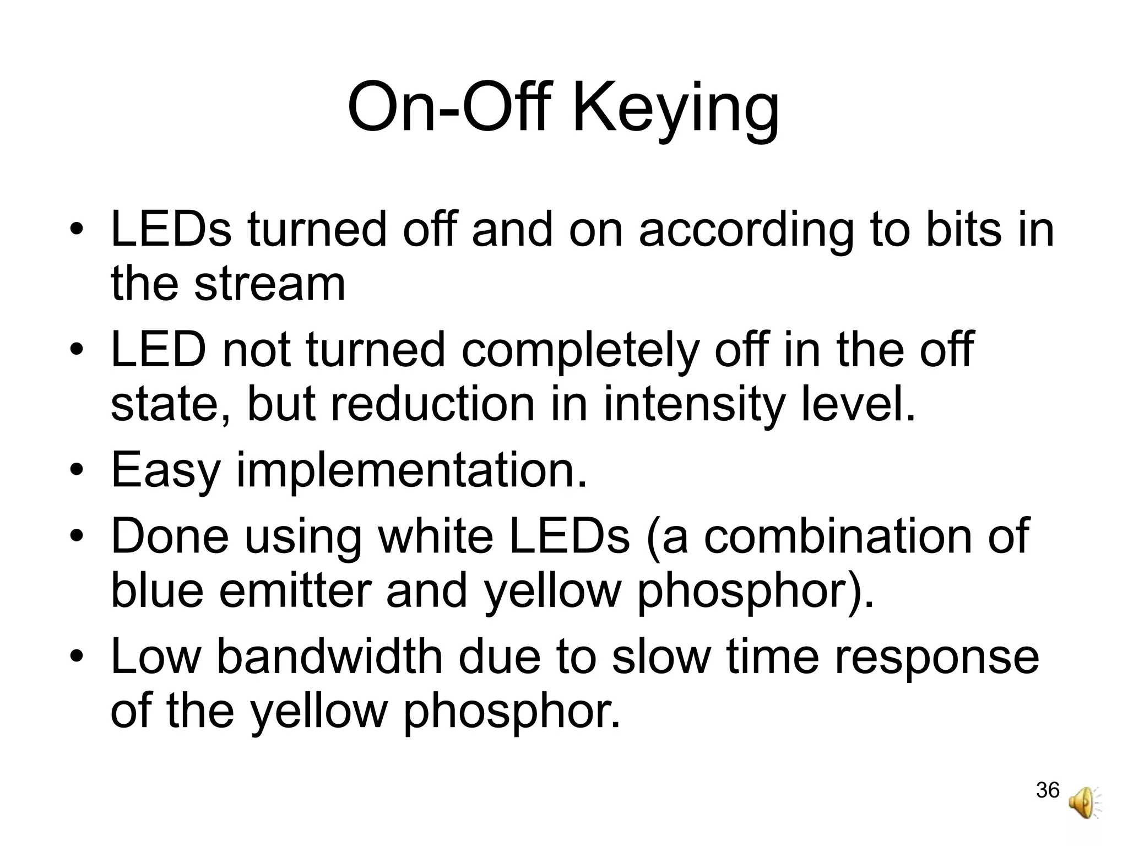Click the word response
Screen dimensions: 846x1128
coord(937,658)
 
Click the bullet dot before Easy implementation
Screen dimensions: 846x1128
coord(77,471)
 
